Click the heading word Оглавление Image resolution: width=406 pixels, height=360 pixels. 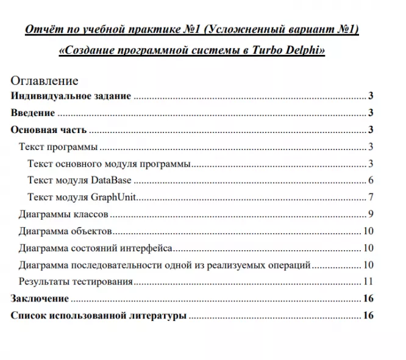pyautogui.click(x=45, y=81)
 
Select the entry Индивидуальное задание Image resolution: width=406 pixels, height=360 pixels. pyautogui.click(x=71, y=96)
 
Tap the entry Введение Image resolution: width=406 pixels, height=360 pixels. pyautogui.click(x=33, y=113)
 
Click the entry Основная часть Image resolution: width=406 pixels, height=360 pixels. pyautogui.click(x=49, y=130)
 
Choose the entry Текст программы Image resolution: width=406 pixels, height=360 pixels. pyautogui.click(x=58, y=147)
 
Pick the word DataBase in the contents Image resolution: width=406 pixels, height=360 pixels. pyautogui.click(x=112, y=180)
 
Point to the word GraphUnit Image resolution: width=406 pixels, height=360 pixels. pyautogui.click(x=113, y=197)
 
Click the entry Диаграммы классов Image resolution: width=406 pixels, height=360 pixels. pyautogui.click(x=63, y=214)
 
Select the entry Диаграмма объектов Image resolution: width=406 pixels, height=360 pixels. pyautogui.click(x=65, y=231)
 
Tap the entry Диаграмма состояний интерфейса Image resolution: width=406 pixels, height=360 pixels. pyautogui.click(x=95, y=248)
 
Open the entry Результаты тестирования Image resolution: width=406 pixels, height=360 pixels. pyautogui.click(x=76, y=282)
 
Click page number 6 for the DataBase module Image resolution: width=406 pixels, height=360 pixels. pyautogui.click(x=370, y=180)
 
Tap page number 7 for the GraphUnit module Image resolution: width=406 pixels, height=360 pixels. pyautogui.click(x=370, y=197)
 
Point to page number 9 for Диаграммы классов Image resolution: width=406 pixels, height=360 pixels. pyautogui.click(x=370, y=214)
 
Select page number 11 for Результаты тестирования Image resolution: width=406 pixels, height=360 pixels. pyautogui.click(x=368, y=282)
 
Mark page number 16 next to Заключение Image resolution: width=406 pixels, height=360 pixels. pyautogui.click(x=368, y=299)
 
